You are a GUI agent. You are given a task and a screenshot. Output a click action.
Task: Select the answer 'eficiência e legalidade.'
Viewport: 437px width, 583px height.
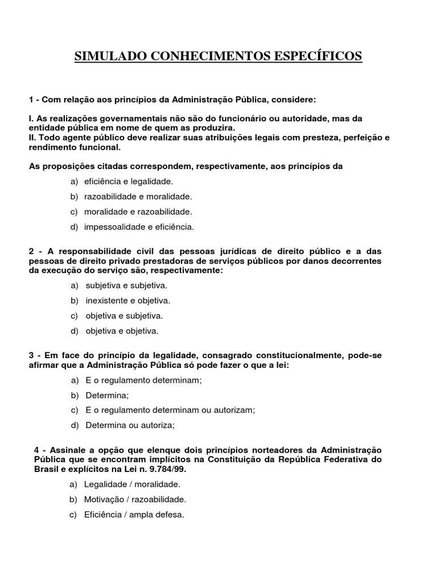click(x=128, y=182)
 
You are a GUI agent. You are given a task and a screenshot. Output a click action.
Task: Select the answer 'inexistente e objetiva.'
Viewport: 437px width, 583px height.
click(x=127, y=301)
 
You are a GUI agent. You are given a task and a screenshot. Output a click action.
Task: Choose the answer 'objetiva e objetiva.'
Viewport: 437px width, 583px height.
click(x=122, y=331)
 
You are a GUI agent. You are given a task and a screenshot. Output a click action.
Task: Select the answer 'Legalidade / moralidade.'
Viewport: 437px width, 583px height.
click(x=132, y=485)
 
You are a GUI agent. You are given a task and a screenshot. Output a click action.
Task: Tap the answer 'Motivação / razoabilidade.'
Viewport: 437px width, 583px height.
click(x=135, y=500)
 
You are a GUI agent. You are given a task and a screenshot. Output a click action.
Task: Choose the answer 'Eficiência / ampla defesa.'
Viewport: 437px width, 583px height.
click(x=134, y=515)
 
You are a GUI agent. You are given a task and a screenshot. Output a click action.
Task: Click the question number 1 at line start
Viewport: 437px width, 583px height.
click(x=31, y=100)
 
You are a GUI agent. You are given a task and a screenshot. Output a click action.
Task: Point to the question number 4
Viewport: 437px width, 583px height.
click(x=38, y=450)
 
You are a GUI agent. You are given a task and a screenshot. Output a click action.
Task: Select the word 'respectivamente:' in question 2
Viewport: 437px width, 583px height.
click(x=190, y=270)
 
